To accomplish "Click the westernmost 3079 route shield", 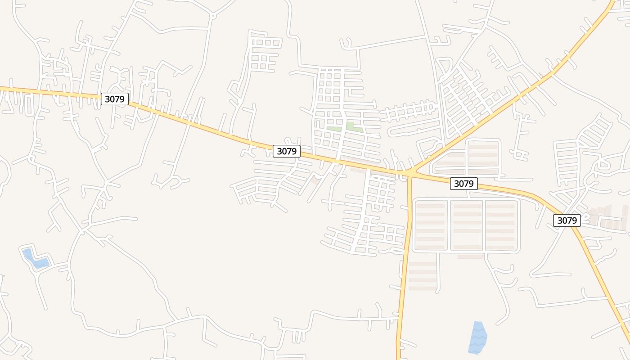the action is [114, 99].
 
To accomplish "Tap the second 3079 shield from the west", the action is [287, 151].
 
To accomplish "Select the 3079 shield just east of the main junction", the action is [463, 184].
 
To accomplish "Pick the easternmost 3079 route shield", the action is [567, 220].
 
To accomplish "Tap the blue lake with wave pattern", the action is [477, 337].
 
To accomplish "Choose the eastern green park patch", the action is [354, 127].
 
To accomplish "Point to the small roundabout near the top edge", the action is [213, 16].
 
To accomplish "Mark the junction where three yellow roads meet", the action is [410, 172].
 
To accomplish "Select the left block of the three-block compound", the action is [430, 225].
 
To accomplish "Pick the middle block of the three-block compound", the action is [467, 225].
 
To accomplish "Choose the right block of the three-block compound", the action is [501, 225].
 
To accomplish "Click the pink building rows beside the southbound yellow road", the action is [423, 276].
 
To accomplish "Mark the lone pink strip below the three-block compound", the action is [471, 257].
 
